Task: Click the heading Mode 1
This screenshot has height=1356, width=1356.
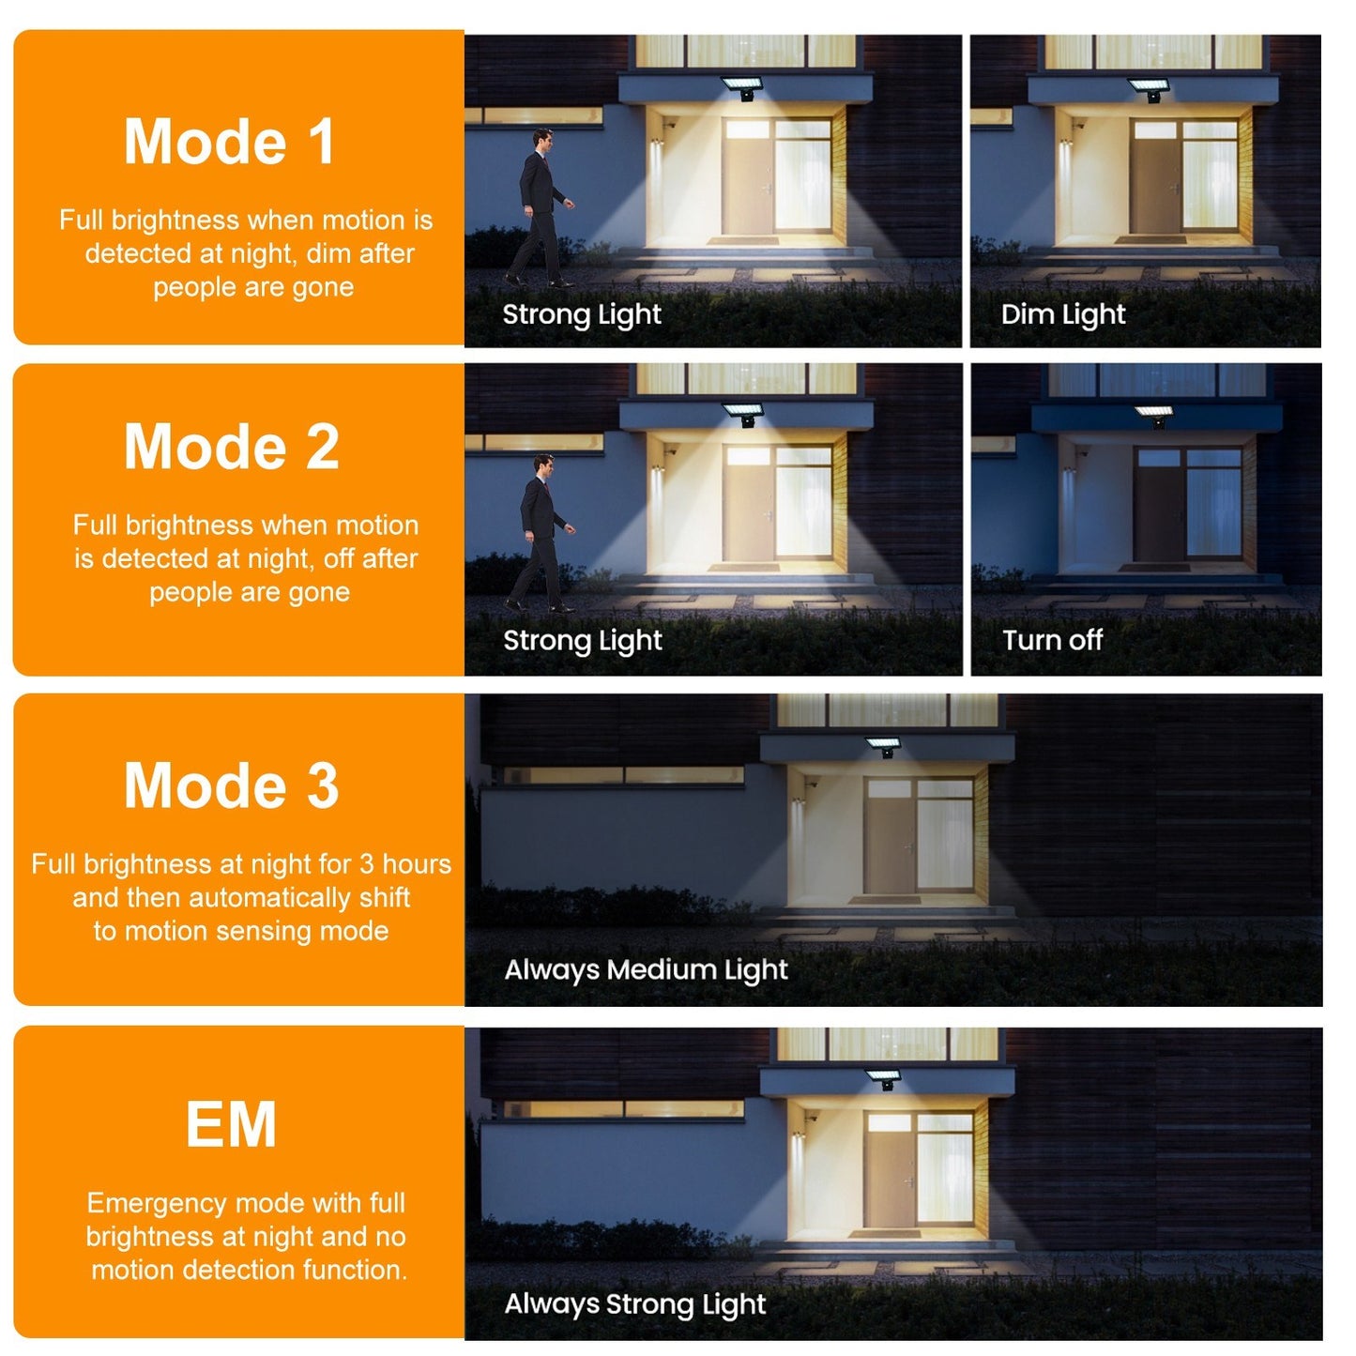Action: [x=229, y=142]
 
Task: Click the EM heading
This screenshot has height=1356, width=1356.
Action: [x=231, y=1124]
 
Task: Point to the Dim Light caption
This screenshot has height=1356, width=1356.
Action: [x=1062, y=314]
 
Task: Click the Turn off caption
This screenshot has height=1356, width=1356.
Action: [x=1052, y=640]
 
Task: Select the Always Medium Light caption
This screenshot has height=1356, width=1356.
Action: [x=646, y=970]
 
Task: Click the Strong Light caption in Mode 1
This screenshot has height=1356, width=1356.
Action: [x=582, y=314]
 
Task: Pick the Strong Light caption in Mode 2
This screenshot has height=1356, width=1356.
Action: [x=583, y=640]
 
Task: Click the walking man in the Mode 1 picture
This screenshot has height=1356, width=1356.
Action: [x=540, y=208]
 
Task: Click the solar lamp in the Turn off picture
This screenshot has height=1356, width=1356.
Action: [x=1155, y=416]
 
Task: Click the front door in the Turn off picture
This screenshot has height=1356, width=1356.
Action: [x=1158, y=505]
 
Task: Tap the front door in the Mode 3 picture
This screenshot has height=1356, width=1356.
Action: [x=891, y=839]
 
